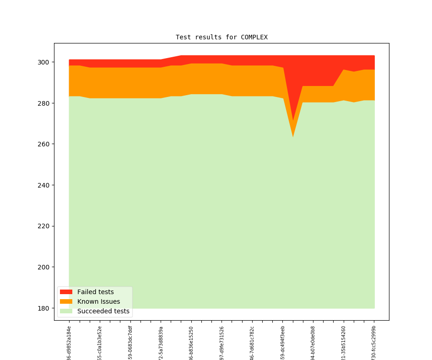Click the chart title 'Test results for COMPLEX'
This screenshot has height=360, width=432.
pos(221,37)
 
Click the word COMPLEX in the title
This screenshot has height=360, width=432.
pos(254,37)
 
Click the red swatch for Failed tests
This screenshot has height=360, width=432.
pos(66,292)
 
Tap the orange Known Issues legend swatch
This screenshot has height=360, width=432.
pos(66,301)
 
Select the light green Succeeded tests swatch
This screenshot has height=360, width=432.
pos(66,311)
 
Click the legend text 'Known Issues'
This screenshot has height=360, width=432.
pos(98,301)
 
